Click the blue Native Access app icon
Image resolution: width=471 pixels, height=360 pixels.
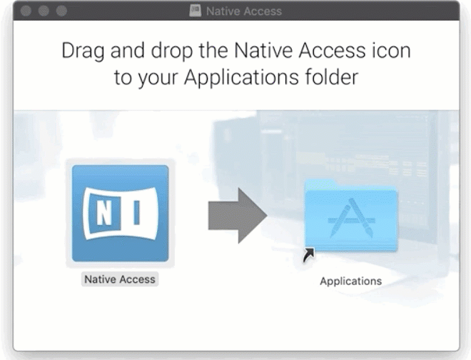[x=120, y=213]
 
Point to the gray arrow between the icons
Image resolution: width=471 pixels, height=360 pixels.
[x=236, y=215]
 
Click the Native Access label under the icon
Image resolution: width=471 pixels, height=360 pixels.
[x=120, y=279]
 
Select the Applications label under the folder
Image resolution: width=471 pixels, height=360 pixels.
[x=350, y=281]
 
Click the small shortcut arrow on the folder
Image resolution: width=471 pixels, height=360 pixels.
[x=308, y=255]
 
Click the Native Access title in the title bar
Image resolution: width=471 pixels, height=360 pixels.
[x=243, y=11]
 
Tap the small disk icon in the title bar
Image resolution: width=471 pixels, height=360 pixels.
[x=195, y=11]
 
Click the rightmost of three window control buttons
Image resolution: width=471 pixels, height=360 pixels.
[x=61, y=11]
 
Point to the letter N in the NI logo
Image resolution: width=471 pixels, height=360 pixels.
[x=104, y=214]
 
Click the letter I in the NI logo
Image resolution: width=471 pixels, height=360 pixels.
[x=135, y=214]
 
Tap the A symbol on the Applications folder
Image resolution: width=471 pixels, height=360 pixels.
[x=350, y=218]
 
